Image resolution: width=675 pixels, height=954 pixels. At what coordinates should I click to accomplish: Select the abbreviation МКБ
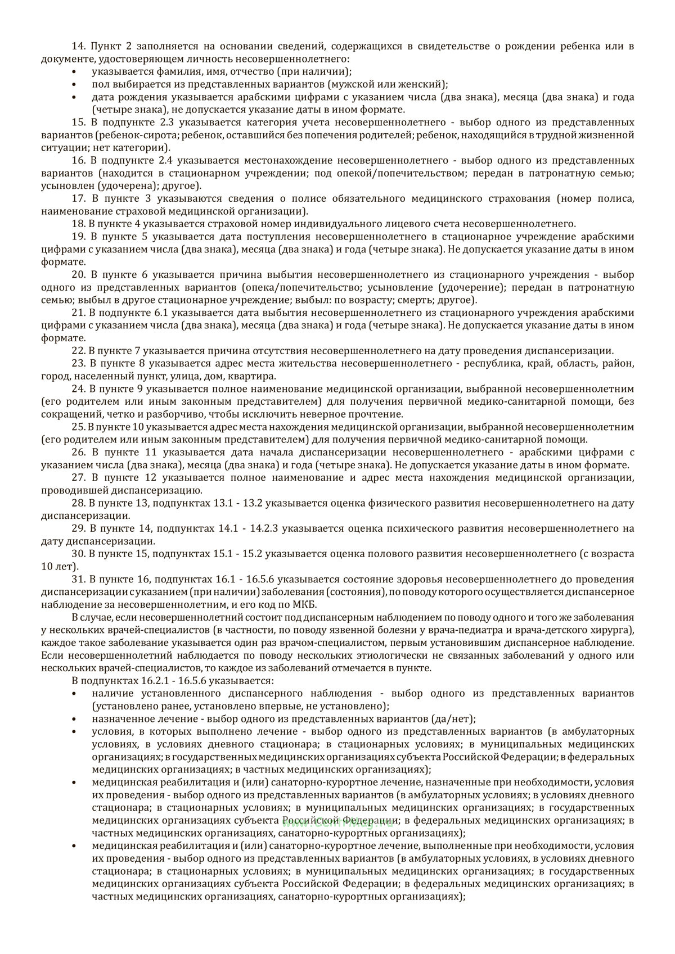(304, 604)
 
